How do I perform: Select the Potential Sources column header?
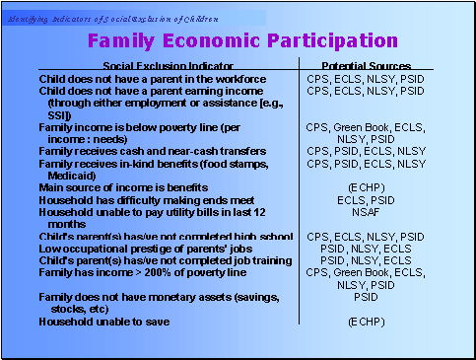[366, 64]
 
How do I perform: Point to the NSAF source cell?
[366, 210]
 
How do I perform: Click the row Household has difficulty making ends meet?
[144, 198]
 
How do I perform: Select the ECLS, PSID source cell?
[366, 198]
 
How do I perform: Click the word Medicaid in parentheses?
[70, 174]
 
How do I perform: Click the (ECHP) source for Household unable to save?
[366, 322]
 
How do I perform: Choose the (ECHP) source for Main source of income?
[366, 185]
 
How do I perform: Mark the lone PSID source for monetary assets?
[366, 297]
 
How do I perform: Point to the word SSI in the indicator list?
[57, 113]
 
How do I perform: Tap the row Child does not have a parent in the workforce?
[152, 77]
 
